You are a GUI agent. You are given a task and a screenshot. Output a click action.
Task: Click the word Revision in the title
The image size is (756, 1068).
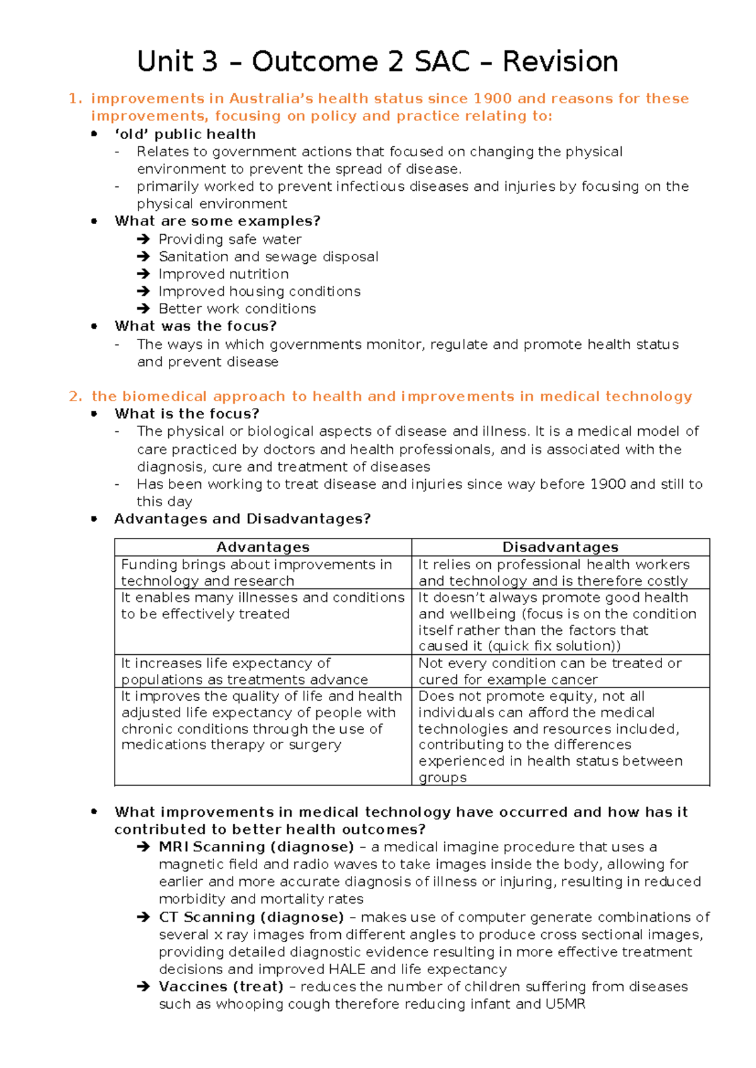click(559, 62)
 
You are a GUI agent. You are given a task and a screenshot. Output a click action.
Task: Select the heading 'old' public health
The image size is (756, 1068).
click(185, 134)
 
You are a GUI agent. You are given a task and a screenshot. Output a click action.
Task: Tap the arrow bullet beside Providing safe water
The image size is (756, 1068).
click(144, 239)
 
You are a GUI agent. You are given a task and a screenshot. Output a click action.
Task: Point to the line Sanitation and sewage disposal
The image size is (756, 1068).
click(268, 257)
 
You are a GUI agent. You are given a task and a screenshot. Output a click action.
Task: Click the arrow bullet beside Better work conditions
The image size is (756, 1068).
click(144, 309)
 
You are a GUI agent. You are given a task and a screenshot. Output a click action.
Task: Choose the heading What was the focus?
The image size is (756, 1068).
click(195, 326)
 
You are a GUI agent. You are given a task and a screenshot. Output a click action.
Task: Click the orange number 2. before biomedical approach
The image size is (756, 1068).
click(76, 397)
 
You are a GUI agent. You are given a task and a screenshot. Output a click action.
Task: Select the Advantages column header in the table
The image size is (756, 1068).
click(263, 547)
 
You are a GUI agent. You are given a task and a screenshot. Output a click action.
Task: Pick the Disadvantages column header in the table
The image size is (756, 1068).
click(560, 547)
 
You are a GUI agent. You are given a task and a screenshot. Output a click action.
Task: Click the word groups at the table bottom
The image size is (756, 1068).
click(443, 778)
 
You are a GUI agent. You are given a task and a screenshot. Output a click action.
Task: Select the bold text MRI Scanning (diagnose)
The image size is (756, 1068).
click(256, 847)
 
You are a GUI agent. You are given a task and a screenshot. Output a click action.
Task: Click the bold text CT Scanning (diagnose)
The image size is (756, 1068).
click(251, 917)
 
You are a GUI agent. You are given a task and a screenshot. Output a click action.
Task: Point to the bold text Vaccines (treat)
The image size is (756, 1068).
click(220, 987)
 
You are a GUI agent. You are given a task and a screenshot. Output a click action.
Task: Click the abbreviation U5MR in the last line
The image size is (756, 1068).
click(565, 1004)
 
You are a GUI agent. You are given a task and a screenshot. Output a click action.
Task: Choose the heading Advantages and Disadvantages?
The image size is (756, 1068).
click(242, 519)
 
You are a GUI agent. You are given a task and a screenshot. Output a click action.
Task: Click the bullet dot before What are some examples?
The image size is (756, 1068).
click(94, 221)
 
